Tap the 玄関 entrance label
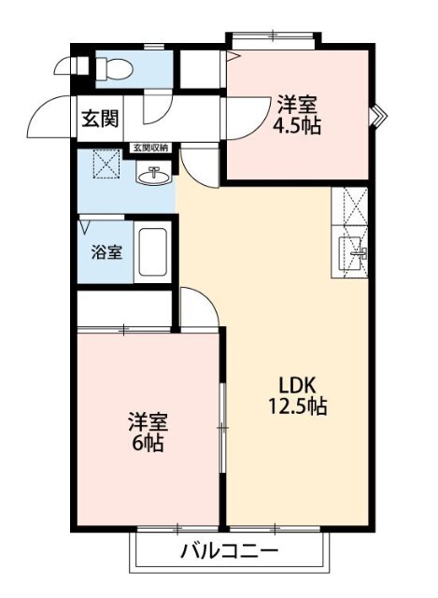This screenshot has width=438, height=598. click(97, 119)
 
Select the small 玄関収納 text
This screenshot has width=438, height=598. click(150, 147)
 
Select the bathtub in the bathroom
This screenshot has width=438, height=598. click(152, 252)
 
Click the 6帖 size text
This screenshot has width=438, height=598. click(146, 443)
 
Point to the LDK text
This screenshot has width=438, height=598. click(297, 385)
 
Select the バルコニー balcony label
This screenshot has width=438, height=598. click(229, 551)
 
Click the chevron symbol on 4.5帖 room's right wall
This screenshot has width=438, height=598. click(377, 117)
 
